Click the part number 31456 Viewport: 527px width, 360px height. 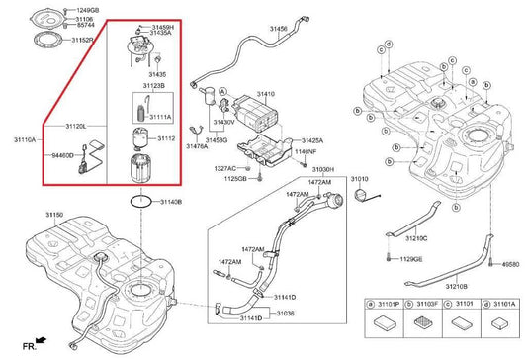coord(280,30)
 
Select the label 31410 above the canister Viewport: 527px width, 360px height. coord(266,93)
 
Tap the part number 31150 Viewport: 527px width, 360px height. coord(54,215)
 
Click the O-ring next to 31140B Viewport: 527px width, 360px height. coord(141,201)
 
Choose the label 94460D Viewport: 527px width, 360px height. coord(62,156)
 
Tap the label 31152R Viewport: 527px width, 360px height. coord(82,41)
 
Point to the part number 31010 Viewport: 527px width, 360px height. coord(359,179)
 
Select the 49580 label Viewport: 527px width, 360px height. coord(510,265)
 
